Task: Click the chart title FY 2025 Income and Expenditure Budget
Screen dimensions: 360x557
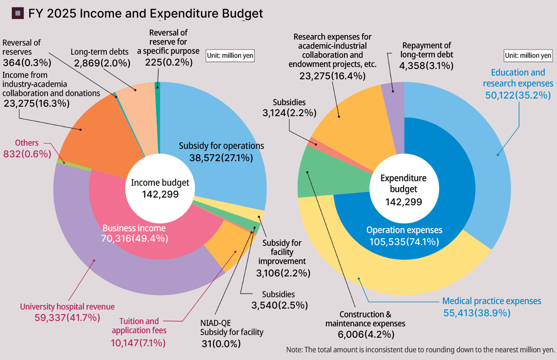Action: [145, 13]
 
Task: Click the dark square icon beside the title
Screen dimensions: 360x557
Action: [18, 13]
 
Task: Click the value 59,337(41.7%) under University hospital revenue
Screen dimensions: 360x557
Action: [67, 318]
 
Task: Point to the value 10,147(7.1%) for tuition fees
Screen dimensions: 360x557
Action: [138, 342]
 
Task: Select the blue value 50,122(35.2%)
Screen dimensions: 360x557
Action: [518, 95]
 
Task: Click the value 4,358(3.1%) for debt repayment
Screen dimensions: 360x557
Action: [426, 66]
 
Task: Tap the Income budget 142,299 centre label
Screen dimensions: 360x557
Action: [160, 188]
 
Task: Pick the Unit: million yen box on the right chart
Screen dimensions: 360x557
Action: [528, 55]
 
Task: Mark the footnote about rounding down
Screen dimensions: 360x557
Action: [420, 349]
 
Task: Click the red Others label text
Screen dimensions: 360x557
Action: [27, 143]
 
